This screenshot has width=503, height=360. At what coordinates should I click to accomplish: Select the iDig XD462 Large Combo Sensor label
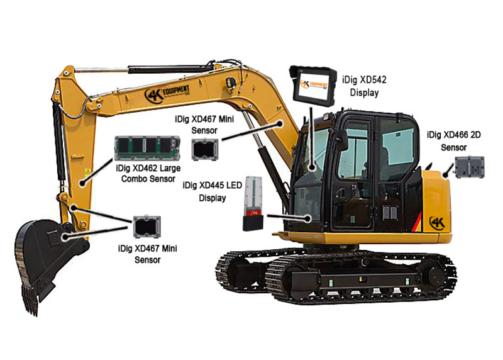(x=145, y=173)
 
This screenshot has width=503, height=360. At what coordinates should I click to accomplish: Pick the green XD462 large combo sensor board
(x=144, y=149)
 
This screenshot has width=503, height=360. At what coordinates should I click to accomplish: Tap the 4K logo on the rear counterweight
(x=436, y=222)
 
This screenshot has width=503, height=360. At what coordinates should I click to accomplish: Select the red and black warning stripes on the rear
(x=416, y=220)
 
